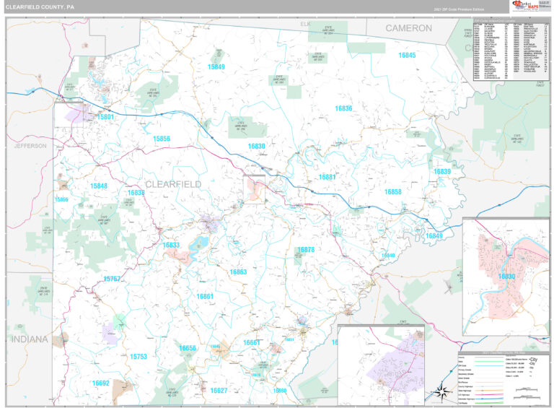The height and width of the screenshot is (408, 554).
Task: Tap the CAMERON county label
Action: (408, 28)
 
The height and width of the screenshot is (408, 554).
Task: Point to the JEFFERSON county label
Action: (30, 146)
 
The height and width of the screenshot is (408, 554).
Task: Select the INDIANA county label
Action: (29, 339)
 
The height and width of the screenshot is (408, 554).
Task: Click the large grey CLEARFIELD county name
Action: (173, 184)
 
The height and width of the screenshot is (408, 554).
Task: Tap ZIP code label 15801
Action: (105, 116)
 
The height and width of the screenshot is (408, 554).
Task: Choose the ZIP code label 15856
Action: (162, 139)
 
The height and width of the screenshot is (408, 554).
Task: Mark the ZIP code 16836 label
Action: (344, 108)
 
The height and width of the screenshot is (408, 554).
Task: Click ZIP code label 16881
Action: (327, 177)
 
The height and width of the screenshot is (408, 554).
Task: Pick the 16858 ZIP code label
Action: (393, 192)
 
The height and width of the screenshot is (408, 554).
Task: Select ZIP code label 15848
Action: (99, 186)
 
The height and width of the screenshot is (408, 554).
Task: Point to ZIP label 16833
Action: (171, 246)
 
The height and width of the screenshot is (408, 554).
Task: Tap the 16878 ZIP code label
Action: (306, 250)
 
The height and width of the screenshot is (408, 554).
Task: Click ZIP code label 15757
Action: (112, 279)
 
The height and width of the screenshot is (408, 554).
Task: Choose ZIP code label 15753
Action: (138, 357)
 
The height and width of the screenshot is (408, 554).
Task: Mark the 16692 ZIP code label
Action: (101, 383)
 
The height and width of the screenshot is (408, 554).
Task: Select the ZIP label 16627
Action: (219, 391)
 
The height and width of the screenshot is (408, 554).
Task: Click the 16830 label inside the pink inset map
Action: (506, 276)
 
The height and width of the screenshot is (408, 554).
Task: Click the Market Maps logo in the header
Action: (529, 6)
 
